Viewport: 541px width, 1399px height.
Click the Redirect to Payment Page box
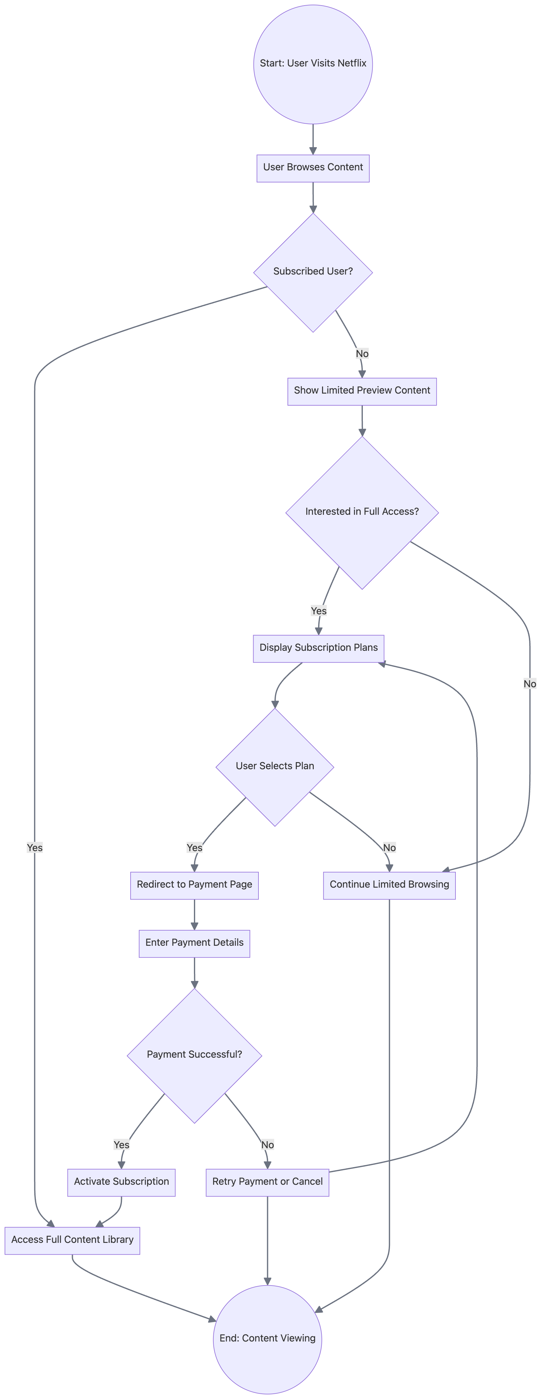194,885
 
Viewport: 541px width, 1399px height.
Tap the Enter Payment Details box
194,943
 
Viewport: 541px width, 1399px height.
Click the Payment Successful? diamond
194,1055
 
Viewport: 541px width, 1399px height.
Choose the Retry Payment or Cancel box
267,1182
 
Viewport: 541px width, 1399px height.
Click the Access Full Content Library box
72,1240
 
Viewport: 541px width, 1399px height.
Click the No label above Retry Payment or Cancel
267,1145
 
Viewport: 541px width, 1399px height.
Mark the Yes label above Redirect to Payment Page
194,848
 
